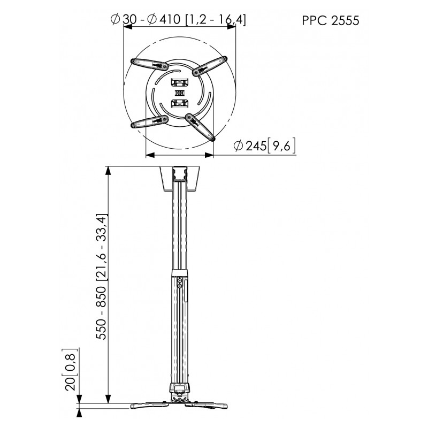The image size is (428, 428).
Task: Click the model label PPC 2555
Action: (x=331, y=21)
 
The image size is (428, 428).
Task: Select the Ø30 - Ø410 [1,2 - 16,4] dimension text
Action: (x=178, y=20)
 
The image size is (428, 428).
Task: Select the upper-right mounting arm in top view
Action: (x=210, y=65)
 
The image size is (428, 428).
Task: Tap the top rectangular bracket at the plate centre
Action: (x=179, y=83)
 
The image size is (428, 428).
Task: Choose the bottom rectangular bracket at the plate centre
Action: (x=179, y=102)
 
